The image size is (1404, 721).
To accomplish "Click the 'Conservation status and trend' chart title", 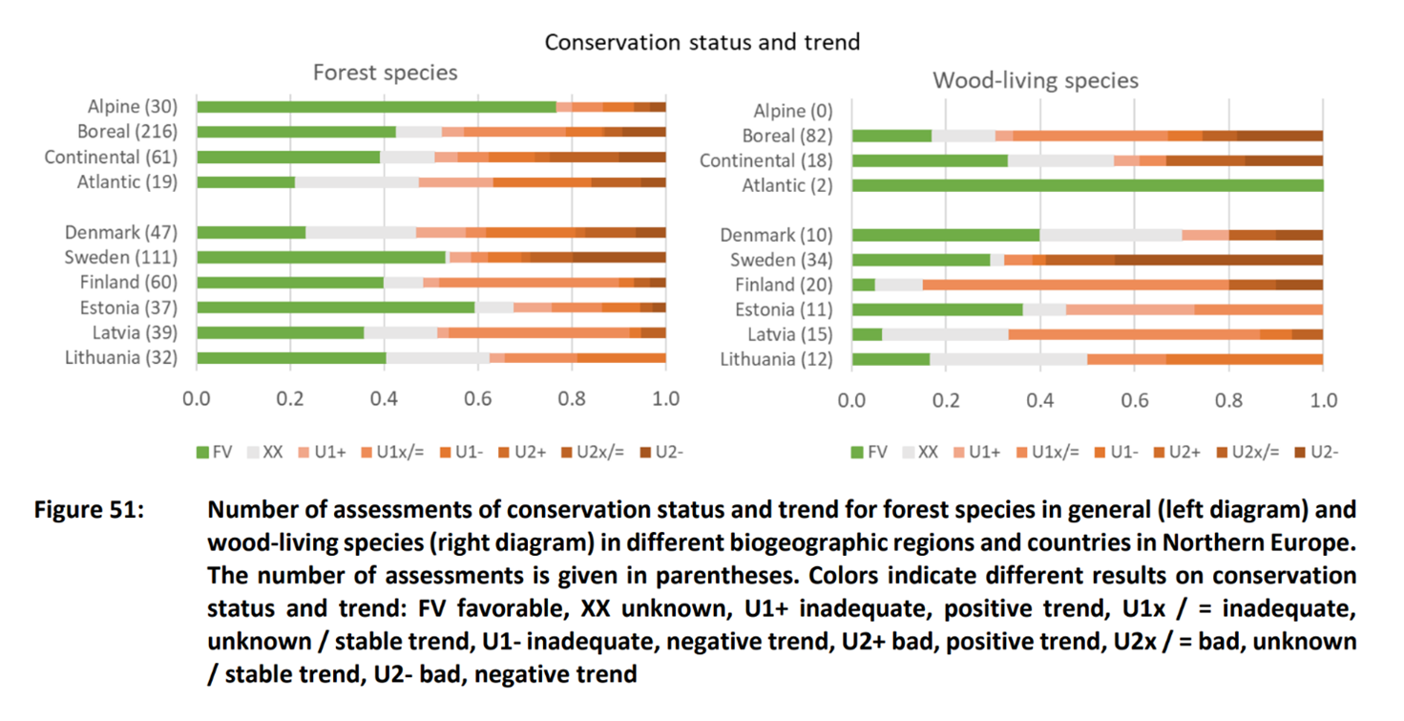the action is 702,42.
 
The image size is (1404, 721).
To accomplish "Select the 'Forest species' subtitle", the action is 386,73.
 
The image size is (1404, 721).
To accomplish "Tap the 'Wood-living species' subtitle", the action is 1036,80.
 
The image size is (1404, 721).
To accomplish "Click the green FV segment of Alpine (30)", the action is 376,107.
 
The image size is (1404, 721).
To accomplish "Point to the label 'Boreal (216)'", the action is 127,132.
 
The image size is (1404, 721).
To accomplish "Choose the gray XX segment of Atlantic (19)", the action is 357,182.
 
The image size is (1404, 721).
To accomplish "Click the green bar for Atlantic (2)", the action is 1087,185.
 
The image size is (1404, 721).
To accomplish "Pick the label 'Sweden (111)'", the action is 121,258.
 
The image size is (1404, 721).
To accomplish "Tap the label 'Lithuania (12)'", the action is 776,359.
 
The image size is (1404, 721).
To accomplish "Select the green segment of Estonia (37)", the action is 336,307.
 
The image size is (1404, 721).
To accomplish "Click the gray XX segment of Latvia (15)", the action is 945,335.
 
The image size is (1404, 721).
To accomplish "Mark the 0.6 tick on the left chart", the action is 477,399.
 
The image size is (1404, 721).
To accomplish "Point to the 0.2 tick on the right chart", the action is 946,400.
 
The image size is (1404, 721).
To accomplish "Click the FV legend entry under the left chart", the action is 215,452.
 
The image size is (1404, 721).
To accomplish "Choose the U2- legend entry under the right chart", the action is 1316,452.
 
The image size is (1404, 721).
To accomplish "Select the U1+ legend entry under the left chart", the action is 323,452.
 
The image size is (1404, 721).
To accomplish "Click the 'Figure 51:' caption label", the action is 89,509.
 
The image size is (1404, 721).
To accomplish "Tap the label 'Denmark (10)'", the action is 776,235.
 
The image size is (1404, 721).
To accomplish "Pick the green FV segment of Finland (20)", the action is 864,286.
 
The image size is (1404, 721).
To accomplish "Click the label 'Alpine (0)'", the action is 793,111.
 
